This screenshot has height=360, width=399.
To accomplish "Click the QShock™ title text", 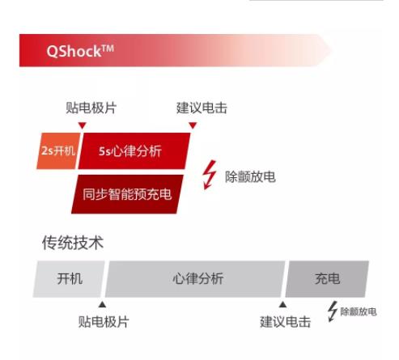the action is click(80, 51).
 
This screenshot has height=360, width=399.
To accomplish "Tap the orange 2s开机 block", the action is click(58, 151).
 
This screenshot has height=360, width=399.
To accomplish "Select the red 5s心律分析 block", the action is click(134, 151).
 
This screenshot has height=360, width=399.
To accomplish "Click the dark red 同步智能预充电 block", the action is click(127, 194).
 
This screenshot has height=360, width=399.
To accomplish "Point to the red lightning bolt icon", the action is click(210, 175).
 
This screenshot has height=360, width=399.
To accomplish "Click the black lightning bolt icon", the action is click(333, 311).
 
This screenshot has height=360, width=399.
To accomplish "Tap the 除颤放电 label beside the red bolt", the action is click(250, 177).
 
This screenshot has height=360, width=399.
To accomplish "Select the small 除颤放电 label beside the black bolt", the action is click(359, 311).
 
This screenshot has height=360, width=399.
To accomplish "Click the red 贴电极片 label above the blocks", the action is click(91, 108).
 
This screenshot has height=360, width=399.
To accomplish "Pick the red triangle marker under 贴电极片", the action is click(83, 125).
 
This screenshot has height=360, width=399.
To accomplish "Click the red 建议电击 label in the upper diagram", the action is click(202, 108).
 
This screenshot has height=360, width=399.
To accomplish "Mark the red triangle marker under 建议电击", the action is click(193, 125).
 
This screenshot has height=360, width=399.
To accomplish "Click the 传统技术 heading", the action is click(73, 243).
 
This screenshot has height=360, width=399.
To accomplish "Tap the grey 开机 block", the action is click(69, 279).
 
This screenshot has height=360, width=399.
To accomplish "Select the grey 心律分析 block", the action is click(195, 279).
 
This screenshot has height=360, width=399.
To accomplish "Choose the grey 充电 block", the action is click(327, 279).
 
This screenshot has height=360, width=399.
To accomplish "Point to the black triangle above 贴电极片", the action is click(102, 304).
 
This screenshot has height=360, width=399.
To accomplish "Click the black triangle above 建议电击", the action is click(282, 304).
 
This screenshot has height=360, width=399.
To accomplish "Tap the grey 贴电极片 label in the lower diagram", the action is click(104, 322).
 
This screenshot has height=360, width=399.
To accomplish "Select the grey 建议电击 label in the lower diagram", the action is click(285, 322).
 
